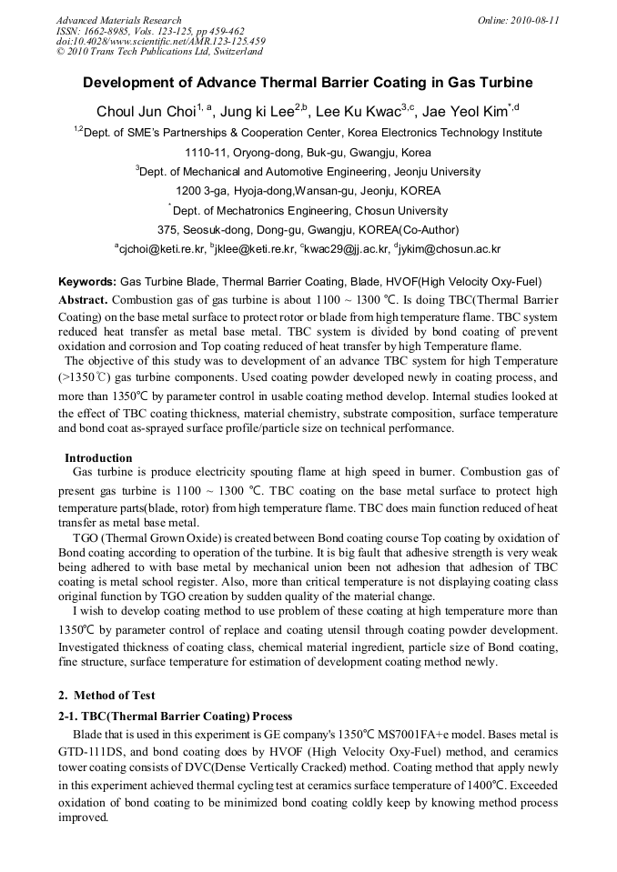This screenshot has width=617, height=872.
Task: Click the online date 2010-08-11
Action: click(x=531, y=20)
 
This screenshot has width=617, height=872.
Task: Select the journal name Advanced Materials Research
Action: click(x=118, y=20)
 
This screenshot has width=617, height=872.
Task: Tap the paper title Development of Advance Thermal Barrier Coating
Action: click(x=308, y=83)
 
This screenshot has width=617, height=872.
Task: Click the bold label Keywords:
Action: click(x=87, y=283)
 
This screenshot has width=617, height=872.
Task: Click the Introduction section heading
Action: click(x=98, y=457)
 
